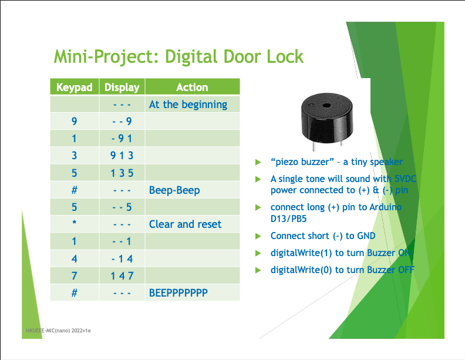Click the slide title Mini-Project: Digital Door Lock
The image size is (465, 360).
[x=178, y=57]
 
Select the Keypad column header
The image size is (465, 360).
[x=75, y=88]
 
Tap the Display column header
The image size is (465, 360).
[x=122, y=88]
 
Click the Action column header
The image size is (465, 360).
[x=192, y=88]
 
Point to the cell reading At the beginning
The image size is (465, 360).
[x=188, y=105]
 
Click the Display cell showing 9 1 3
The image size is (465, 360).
[x=122, y=156]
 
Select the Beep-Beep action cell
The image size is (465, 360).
[x=174, y=190]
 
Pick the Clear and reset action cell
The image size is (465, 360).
[x=185, y=224]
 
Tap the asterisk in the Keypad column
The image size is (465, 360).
[x=75, y=224]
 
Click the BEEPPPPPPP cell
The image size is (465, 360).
[x=178, y=292]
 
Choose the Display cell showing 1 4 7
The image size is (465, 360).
[x=122, y=275]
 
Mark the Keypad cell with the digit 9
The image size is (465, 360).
[x=75, y=122]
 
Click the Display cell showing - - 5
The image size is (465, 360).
[x=122, y=207]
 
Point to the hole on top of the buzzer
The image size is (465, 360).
[x=325, y=104]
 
